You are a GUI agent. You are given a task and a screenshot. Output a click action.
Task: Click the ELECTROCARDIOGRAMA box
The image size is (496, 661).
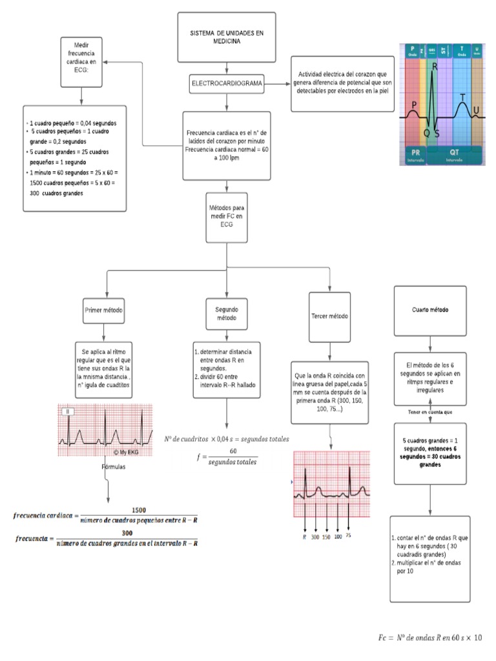[x=225, y=84]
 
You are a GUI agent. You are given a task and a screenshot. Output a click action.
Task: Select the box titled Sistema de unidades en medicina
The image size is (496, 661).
[x=226, y=37]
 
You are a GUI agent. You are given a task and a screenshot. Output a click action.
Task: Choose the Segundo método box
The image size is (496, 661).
[x=225, y=313]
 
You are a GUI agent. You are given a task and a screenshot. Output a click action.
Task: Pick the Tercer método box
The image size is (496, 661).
[x=329, y=317]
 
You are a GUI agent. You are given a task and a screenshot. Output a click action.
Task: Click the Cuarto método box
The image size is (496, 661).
[x=429, y=310]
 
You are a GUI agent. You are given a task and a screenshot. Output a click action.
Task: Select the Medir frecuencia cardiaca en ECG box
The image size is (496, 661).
[x=81, y=62]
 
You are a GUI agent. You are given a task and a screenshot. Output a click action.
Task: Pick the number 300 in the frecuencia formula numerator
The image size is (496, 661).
[x=127, y=533]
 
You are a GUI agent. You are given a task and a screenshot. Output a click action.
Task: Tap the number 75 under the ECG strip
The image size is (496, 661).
[x=348, y=535]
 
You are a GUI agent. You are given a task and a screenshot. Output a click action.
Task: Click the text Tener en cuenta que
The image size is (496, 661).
[x=429, y=412]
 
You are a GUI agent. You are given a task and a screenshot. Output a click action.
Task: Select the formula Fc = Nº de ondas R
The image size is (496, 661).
[x=429, y=638]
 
